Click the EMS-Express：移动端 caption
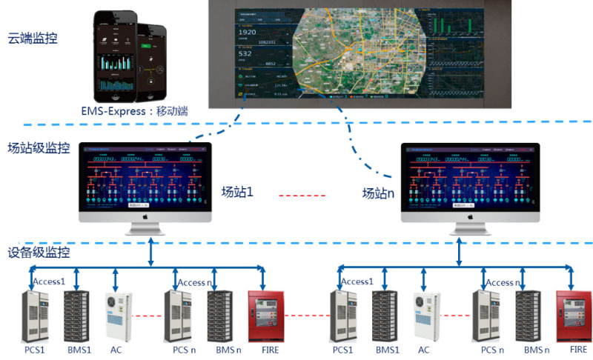pos(135,110)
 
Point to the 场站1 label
pos(237,192)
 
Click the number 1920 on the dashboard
pos(247,33)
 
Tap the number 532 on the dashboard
pos(245,53)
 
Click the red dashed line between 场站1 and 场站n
pos(302,196)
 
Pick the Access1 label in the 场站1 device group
pos(50,281)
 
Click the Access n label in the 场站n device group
pos(504,282)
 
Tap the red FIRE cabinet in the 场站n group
pos(572,314)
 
